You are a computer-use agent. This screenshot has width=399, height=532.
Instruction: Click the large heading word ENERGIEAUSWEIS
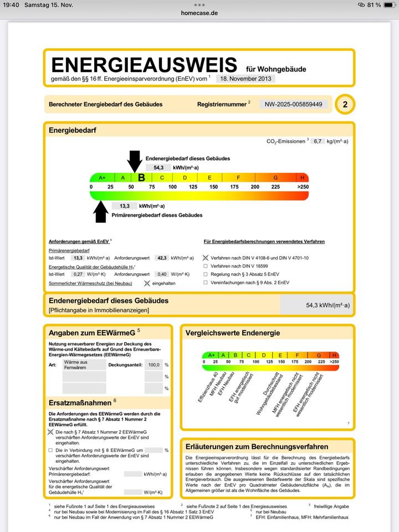coord(144,64)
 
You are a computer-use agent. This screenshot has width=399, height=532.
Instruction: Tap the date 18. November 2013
coord(245,79)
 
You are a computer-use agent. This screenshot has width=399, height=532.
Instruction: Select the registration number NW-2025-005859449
coord(293,104)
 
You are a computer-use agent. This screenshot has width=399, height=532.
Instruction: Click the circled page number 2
coord(345,104)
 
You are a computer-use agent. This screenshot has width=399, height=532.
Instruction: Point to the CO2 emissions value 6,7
coord(318,141)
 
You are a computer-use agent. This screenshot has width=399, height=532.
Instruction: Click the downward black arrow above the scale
coord(135,160)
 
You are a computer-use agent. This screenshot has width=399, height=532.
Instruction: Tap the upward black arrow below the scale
coord(101,212)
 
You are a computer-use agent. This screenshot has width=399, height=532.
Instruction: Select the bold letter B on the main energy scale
coord(141,178)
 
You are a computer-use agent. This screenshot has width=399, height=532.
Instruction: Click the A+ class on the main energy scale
coord(102,178)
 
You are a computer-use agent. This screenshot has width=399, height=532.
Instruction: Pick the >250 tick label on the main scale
coord(302,187)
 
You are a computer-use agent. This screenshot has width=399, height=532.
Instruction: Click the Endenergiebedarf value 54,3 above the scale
coord(158,167)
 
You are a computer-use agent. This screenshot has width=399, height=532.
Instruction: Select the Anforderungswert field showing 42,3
coord(162,258)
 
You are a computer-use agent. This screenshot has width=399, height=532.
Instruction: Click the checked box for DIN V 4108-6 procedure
coord(206,258)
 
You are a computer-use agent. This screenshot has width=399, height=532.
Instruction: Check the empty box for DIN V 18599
coord(206,266)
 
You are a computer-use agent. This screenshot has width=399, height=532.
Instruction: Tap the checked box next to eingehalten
coord(147,283)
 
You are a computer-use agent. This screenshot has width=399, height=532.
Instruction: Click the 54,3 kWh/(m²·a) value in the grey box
coord(328,305)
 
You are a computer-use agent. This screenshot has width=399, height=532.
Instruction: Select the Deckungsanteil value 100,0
coord(154,365)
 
